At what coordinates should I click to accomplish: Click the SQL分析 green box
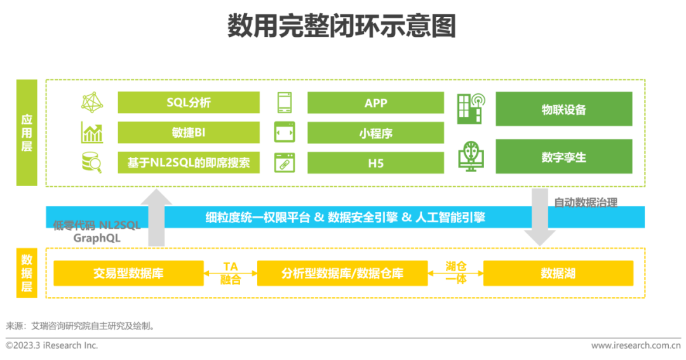click(189, 103)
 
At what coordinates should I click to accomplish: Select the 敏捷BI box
click(189, 133)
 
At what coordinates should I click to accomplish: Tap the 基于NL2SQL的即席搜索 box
click(189, 163)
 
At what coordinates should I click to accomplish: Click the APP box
click(375, 103)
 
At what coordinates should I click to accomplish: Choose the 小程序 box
click(375, 133)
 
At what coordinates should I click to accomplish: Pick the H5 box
click(375, 163)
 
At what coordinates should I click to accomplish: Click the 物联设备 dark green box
click(563, 109)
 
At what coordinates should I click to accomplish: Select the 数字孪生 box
click(563, 156)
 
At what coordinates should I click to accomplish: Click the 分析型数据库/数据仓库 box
click(342, 273)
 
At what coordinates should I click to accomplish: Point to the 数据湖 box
click(558, 273)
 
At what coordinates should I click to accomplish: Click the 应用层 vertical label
click(27, 132)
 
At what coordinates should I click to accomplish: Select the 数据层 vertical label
click(27, 274)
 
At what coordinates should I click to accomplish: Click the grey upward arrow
click(156, 217)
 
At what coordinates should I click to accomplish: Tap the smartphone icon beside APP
click(284, 103)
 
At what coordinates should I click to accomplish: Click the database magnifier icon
click(92, 163)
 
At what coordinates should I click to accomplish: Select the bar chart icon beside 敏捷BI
click(92, 133)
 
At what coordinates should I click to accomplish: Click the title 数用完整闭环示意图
click(342, 27)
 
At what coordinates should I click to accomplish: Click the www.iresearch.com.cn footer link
click(635, 345)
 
